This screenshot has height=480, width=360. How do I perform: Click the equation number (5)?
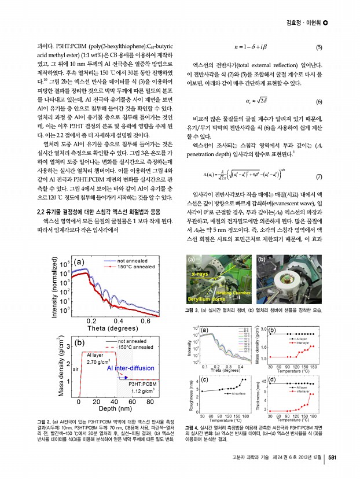[x=318, y=47]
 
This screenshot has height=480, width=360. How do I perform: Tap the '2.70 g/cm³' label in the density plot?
[x=98, y=362]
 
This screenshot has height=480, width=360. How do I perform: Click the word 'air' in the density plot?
[x=75, y=368]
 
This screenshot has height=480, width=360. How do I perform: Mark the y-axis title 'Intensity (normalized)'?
[x=54, y=295]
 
